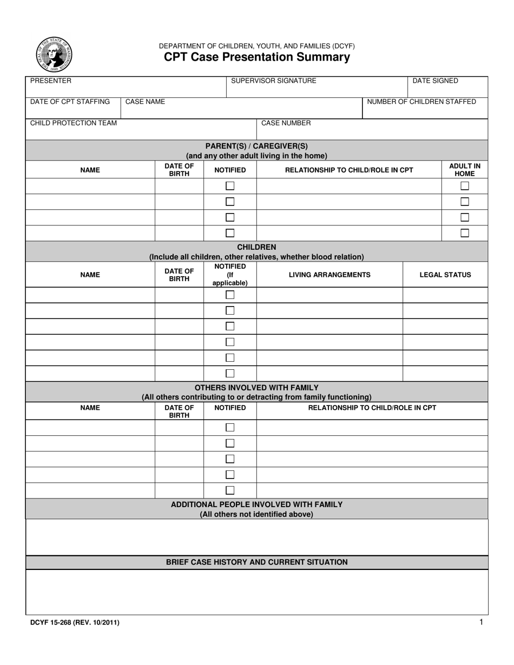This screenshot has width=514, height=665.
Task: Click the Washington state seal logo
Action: (54, 55)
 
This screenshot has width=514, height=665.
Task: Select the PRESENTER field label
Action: (50, 81)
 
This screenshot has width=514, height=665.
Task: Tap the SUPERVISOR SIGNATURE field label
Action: (273, 81)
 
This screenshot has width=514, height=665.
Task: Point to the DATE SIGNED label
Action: (435, 81)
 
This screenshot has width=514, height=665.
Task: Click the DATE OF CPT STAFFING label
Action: (70, 102)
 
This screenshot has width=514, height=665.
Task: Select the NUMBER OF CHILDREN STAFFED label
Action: (421, 102)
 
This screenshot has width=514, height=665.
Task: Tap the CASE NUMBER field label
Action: (286, 123)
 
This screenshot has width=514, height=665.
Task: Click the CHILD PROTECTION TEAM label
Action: (73, 123)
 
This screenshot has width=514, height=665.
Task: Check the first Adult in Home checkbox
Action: (464, 186)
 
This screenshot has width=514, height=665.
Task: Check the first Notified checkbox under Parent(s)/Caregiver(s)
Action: (230, 186)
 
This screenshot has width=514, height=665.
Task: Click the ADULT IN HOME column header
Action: (464, 170)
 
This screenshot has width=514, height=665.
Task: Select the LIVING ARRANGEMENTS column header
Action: (330, 275)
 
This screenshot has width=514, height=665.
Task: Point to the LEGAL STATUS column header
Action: (445, 275)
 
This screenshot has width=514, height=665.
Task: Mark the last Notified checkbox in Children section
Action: (230, 373)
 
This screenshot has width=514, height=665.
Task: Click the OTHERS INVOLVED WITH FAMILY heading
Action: (256, 388)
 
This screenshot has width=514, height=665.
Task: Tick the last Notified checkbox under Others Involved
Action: (230, 490)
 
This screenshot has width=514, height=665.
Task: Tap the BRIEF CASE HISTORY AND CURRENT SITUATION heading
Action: (256, 562)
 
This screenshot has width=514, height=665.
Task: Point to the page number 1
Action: (481, 622)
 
